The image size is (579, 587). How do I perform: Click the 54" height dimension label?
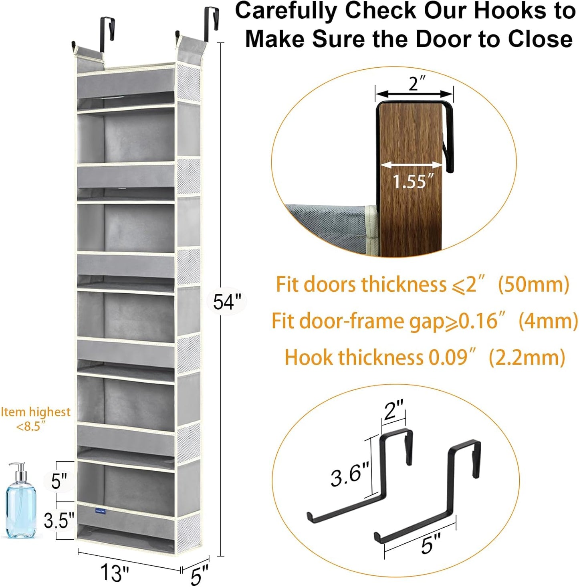click(x=227, y=301)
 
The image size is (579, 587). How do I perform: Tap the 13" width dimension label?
click(x=115, y=572)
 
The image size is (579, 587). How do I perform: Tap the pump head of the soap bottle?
click(x=18, y=469)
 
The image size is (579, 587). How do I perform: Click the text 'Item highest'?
click(x=35, y=412)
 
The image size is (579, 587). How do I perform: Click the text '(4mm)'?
click(x=548, y=321)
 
